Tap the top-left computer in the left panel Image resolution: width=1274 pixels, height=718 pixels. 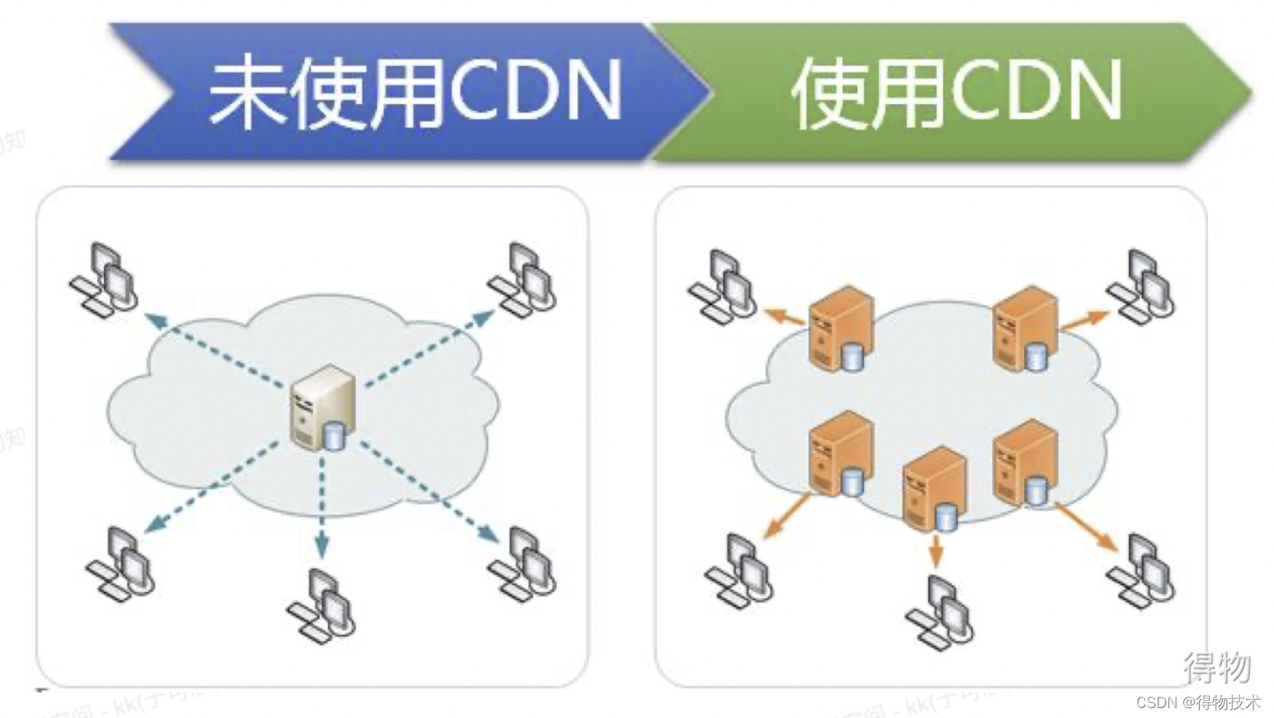104,277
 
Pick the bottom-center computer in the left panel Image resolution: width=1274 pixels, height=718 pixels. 323,604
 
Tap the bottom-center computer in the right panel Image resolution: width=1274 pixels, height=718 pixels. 940,611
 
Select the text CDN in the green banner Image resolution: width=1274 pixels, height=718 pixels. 1036,91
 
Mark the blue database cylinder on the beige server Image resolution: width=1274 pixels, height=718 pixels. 333,434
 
